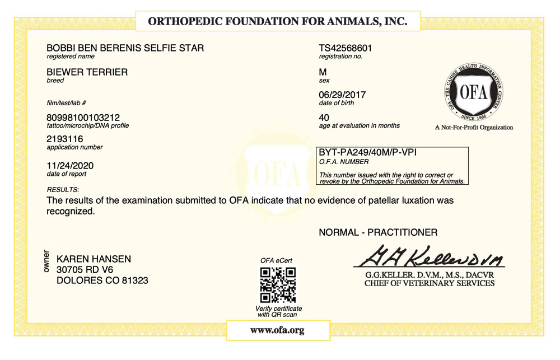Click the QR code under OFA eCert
pos(278,284)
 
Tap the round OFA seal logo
pos(474,92)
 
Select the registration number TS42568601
pos(346,48)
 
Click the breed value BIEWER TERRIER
pos(87,72)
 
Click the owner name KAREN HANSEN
pos(94,259)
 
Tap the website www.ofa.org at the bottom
pos(277,330)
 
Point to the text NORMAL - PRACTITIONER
pos(378,232)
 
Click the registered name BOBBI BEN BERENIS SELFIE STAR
pos(125,48)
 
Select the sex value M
pos(323,72)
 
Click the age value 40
pos(324,117)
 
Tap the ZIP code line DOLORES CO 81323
pos(102,280)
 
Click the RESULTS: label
pos(63,190)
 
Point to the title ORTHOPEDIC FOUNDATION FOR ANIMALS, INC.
pos(277,22)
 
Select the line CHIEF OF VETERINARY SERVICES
pos(429,283)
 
